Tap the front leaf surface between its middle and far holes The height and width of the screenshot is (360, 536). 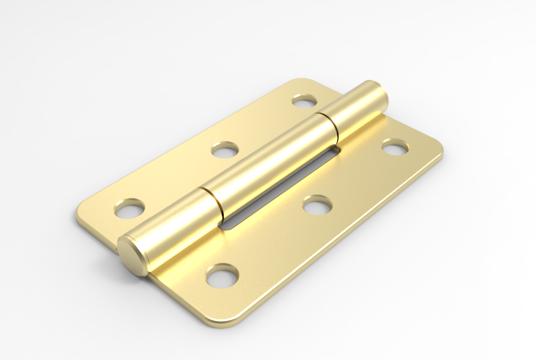click(355, 176)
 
